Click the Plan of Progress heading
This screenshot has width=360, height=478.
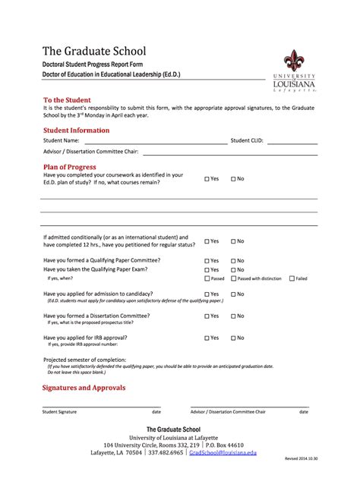pyautogui.click(x=70, y=166)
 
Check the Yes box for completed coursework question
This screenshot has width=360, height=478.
pyautogui.click(x=207, y=179)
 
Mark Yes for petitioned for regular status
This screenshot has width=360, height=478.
pyautogui.click(x=207, y=241)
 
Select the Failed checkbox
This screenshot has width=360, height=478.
pyautogui.click(x=291, y=278)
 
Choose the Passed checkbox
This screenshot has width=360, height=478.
pyautogui.click(x=207, y=278)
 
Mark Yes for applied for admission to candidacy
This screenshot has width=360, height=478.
pyautogui.click(x=207, y=294)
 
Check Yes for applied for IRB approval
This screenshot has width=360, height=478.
pyautogui.click(x=207, y=338)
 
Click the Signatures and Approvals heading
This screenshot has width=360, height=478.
pyautogui.click(x=84, y=387)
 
